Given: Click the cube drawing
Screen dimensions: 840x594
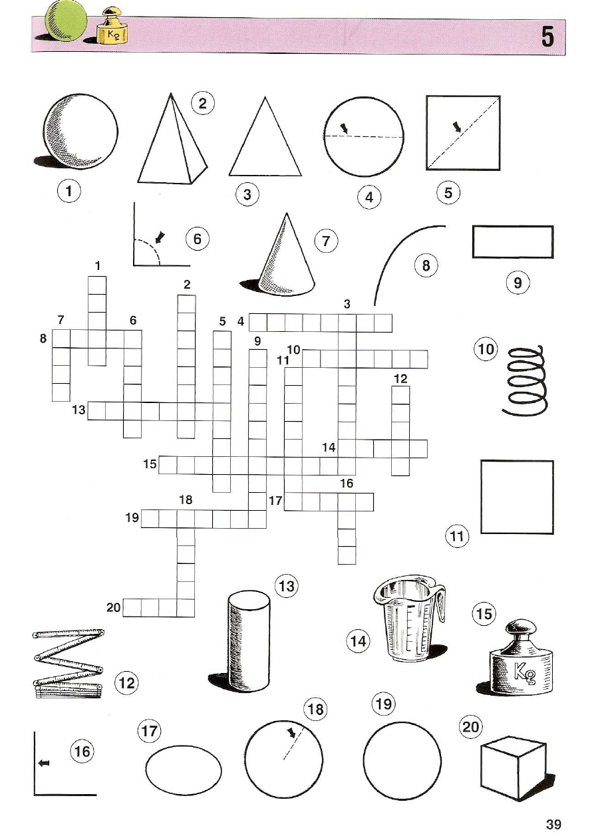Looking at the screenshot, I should point(513,768).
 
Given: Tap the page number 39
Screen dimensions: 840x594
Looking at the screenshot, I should point(553,825).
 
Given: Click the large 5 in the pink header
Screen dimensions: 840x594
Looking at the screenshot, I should point(547,36).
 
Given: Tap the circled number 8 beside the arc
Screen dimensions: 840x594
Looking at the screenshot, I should point(426,266).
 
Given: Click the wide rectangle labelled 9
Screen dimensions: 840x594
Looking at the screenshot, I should point(512,241).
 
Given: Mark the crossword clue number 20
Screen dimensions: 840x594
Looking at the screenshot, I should point(113,607).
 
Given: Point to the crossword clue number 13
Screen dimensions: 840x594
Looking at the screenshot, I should point(79,410).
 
